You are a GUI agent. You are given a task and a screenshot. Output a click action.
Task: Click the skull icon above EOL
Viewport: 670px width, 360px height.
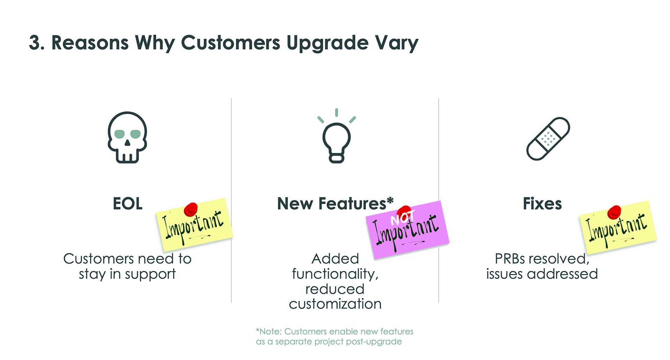point(127,137)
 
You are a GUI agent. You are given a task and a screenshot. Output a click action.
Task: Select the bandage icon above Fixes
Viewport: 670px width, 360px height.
point(548,139)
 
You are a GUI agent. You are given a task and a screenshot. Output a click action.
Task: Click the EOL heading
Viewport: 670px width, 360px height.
point(128,204)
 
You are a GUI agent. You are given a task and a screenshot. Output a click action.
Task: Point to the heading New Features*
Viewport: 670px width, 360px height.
point(335,204)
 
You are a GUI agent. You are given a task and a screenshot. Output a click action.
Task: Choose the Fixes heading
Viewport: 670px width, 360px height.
point(542,204)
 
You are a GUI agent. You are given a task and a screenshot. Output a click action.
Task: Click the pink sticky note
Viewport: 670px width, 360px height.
point(407,230)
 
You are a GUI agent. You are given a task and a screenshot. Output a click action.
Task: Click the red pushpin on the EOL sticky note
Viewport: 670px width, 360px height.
point(191,209)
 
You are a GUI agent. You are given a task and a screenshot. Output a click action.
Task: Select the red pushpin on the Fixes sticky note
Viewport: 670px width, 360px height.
point(614,212)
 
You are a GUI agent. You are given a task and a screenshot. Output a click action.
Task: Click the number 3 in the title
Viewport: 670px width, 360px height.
point(35,43)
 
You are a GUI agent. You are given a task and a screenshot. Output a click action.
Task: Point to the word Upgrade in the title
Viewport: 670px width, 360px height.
point(328,43)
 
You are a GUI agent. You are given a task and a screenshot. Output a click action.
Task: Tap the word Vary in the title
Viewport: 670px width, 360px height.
point(397,43)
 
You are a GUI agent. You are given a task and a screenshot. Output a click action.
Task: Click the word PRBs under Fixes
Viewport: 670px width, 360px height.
point(510,259)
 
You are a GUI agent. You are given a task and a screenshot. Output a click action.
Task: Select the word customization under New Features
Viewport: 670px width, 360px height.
point(335,304)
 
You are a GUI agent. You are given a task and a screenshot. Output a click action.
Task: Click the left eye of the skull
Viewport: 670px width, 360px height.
point(120,134)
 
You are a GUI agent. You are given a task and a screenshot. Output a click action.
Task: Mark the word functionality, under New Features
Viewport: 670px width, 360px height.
point(335,274)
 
